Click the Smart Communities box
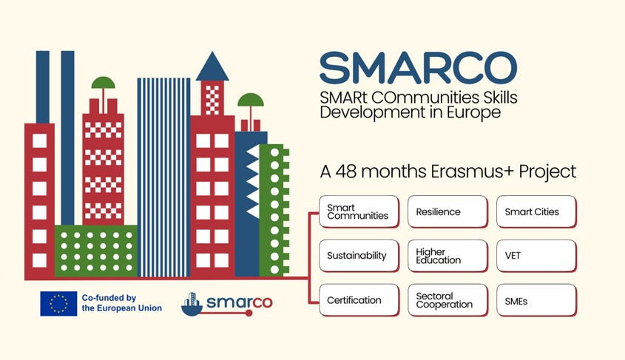pyautogui.click(x=359, y=211)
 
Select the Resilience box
pyautogui.click(x=447, y=211)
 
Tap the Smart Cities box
pyautogui.click(x=536, y=211)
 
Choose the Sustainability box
pyautogui.click(x=359, y=256)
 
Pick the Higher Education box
pyautogui.click(x=447, y=256)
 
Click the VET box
pyautogui.click(x=536, y=256)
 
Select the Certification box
pyautogui.click(x=359, y=300)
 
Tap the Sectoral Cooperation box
pyautogui.click(x=447, y=300)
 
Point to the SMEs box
pyautogui.click(x=536, y=300)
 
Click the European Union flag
pyautogui.click(x=58, y=304)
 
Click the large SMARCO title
pyautogui.click(x=419, y=68)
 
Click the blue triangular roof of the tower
pyautogui.click(x=212, y=67)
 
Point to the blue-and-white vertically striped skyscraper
pyautogui.click(x=163, y=177)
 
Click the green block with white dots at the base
pyautogui.click(x=95, y=251)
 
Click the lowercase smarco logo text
pyautogui.click(x=239, y=302)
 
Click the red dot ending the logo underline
pyautogui.click(x=249, y=313)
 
